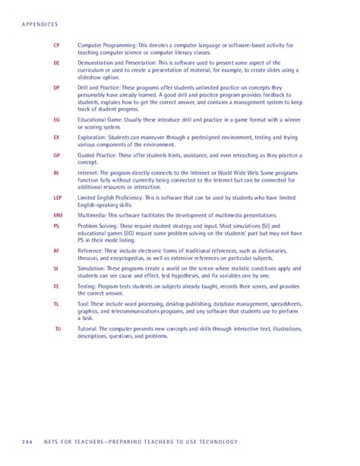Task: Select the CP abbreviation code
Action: [56, 46]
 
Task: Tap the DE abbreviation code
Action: [56, 64]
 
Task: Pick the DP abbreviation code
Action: [56, 88]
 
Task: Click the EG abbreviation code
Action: [56, 120]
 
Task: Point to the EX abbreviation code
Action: [56, 138]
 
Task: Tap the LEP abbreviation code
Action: [56, 199]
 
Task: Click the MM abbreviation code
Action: [56, 217]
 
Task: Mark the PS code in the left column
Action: [56, 227]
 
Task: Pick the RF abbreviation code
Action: [56, 250]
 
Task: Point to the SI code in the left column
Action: [56, 268]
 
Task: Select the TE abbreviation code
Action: [56, 287]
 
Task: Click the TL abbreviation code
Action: [56, 305]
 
